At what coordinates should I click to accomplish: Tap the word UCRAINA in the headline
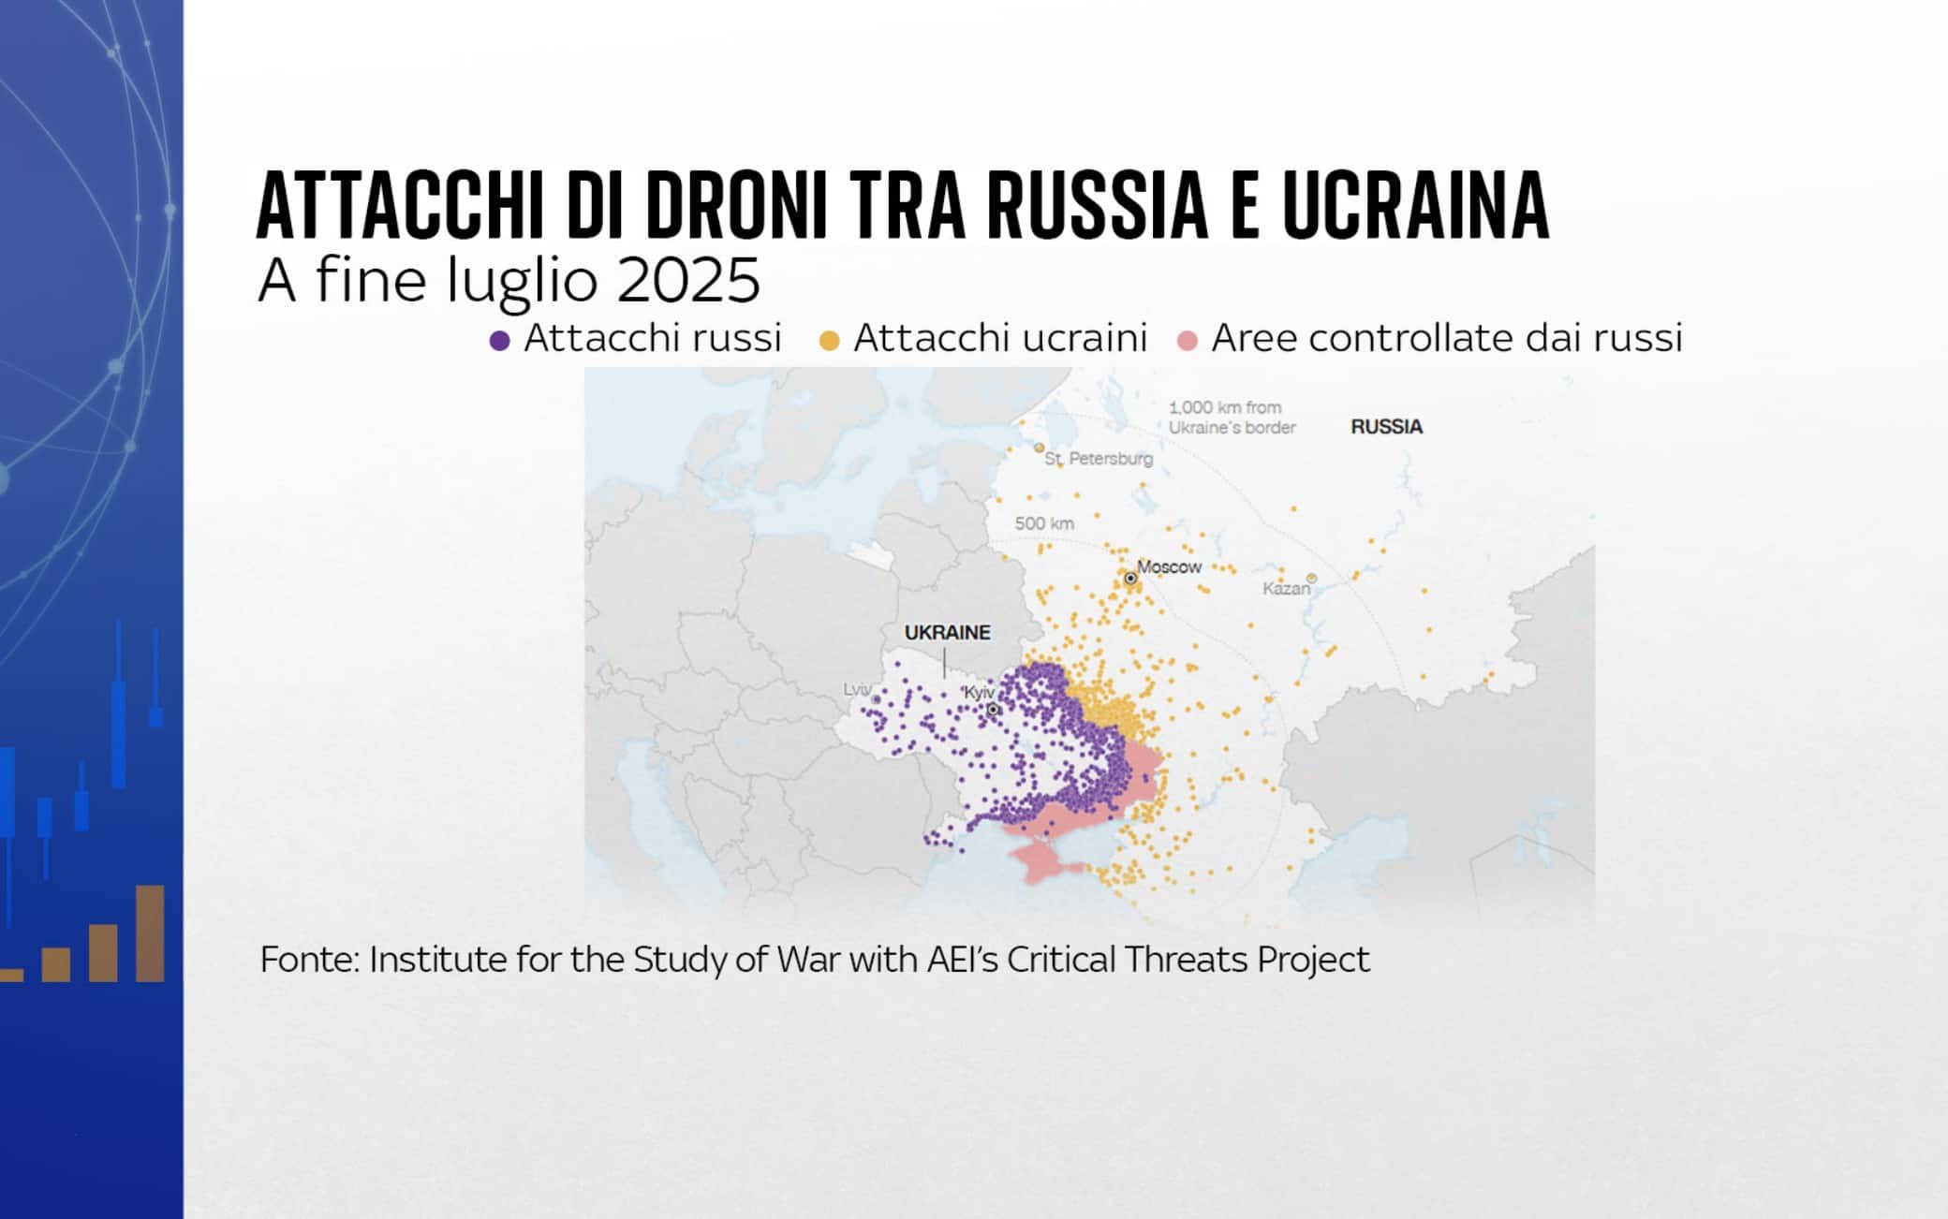coord(1415,207)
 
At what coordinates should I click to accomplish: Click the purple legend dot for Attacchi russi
coord(499,341)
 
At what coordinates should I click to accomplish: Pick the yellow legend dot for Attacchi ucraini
coord(829,341)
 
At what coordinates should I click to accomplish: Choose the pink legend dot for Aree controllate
coord(1188,341)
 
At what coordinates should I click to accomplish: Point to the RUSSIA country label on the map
coord(1386,427)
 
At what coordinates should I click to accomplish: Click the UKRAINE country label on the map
coord(947,633)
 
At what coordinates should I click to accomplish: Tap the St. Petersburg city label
coord(1099,459)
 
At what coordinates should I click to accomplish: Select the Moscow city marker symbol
coord(1130,579)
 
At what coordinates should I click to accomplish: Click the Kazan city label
coord(1286,589)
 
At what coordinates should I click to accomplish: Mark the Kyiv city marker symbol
coord(993,710)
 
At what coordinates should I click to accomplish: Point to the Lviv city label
coord(857,690)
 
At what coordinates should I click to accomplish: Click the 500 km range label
coord(1044,523)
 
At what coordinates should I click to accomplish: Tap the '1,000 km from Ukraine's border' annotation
coord(1232,418)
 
